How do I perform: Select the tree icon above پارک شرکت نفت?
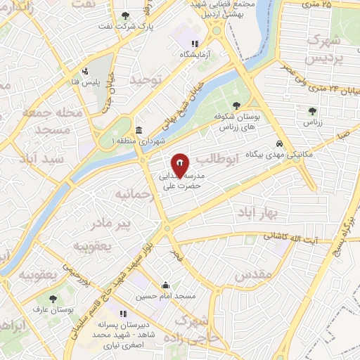(126, 15)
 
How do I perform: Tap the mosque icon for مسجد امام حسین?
(167, 285)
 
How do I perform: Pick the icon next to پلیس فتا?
(85, 71)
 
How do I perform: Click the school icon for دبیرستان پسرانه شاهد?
(123, 314)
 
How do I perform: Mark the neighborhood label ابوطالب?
(224, 161)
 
